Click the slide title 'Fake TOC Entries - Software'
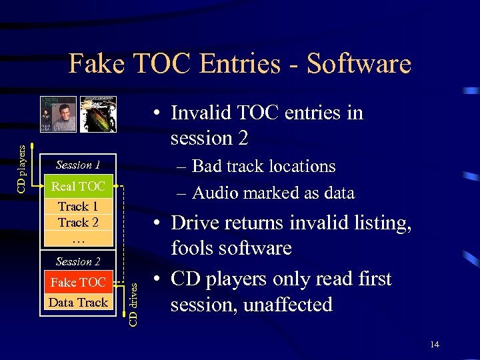pos(240,64)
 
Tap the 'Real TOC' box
pos(78,186)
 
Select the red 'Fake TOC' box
pos(78,283)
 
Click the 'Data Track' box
pos(78,303)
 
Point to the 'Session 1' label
pos(78,165)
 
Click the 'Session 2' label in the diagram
pos(78,262)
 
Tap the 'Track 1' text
pos(78,207)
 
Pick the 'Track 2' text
pos(78,222)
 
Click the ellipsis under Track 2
pos(78,237)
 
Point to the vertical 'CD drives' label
pos(133,303)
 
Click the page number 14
pos(435,344)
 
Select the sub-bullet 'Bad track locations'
pos(263,166)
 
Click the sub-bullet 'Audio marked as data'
pos(273,193)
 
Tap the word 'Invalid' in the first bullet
pos(199,113)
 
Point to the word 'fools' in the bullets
pos(193,249)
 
